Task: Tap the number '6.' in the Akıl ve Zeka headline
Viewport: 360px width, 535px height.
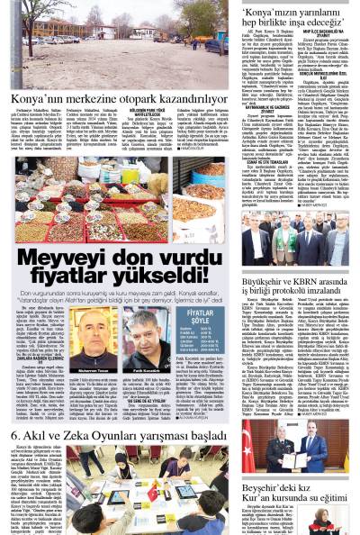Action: point(17,436)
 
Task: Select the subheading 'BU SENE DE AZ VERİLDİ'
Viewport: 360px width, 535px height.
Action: point(148,401)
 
